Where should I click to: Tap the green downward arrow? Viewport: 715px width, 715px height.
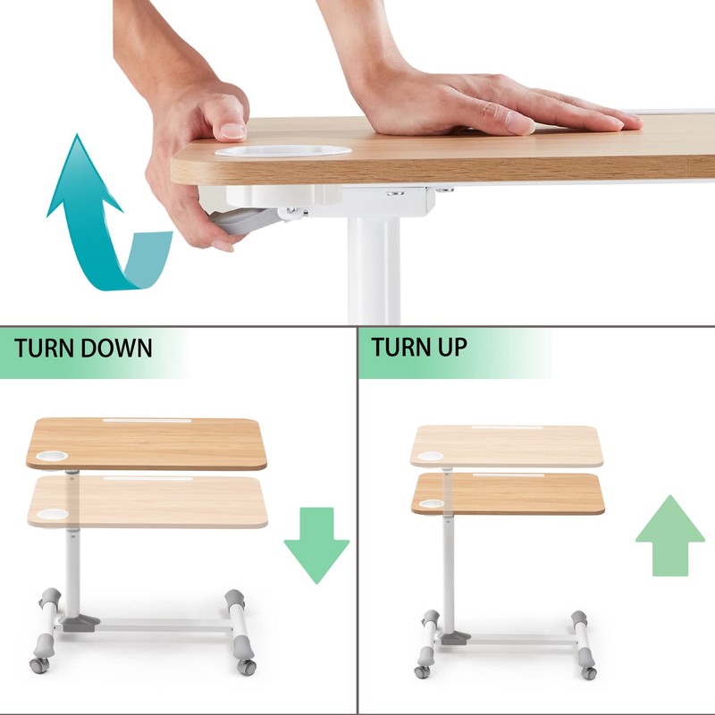(x=315, y=545)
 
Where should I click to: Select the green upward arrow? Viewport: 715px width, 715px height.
(x=669, y=535)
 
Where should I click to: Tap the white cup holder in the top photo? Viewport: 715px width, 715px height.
(x=284, y=151)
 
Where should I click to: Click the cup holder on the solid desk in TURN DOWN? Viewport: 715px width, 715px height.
(x=53, y=456)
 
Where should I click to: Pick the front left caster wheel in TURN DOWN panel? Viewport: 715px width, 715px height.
(x=39, y=665)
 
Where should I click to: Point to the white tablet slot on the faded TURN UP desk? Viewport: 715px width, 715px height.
(x=505, y=427)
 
